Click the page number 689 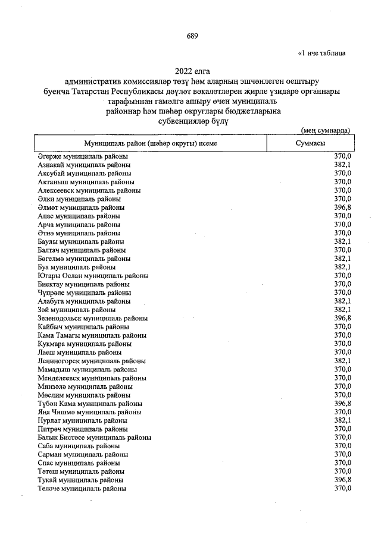(x=192, y=36)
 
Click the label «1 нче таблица (x=322, y=53)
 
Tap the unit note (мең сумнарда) (x=325, y=130)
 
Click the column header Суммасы (x=310, y=144)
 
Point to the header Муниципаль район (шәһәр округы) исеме (x=149, y=144)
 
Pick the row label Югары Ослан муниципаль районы (x=93, y=276)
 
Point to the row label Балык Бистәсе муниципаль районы (x=94, y=438)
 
